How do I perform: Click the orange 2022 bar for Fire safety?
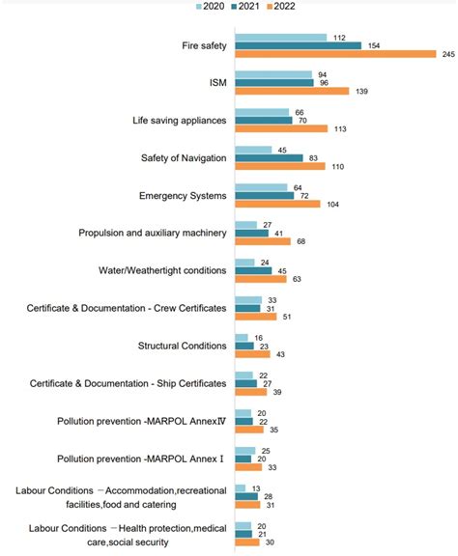(x=335, y=53)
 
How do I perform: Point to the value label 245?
(x=447, y=53)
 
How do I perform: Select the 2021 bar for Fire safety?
(x=298, y=44)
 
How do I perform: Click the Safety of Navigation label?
(x=183, y=158)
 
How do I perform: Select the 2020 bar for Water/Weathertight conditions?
(x=244, y=262)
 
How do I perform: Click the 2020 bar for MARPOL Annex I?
(x=245, y=450)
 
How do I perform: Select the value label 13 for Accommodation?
(x=254, y=487)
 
